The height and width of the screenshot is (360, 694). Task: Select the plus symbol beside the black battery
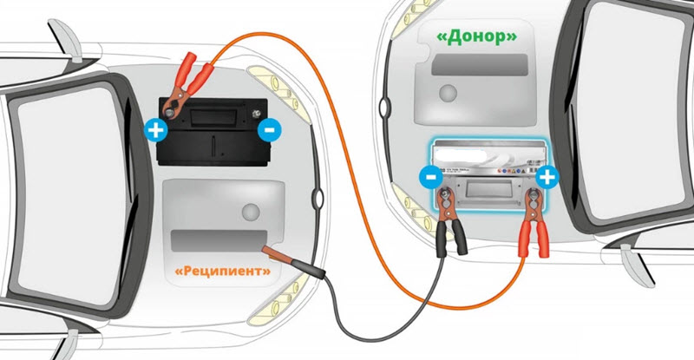[x=155, y=131]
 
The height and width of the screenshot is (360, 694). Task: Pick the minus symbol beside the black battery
[x=269, y=131]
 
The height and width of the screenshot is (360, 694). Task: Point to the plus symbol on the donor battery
[x=547, y=178]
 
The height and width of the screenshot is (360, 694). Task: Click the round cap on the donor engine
[x=449, y=92]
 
